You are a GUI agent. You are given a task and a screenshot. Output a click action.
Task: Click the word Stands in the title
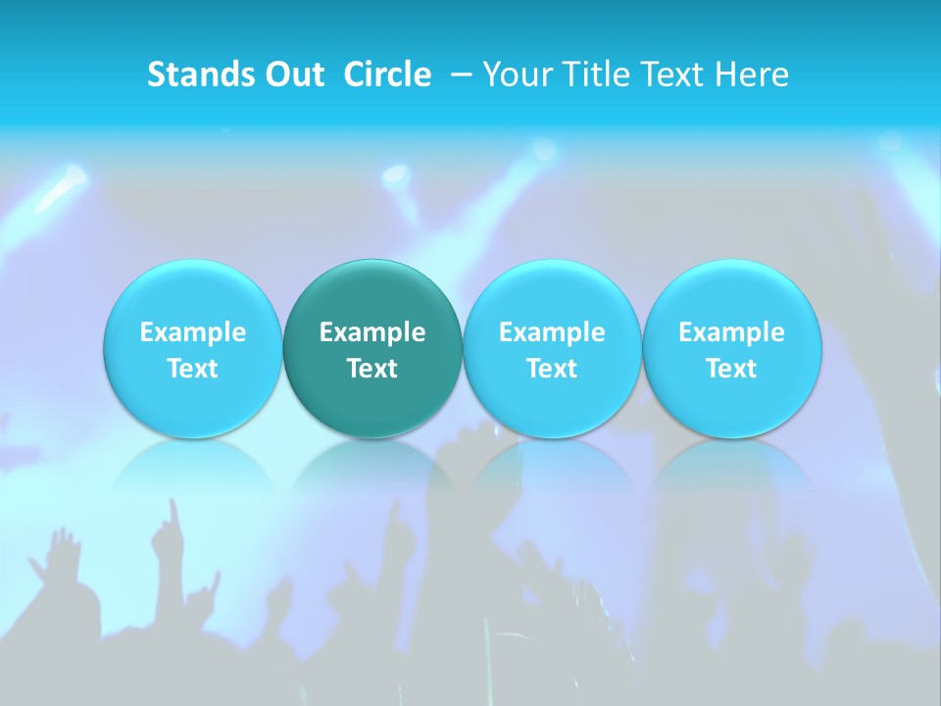[199, 75]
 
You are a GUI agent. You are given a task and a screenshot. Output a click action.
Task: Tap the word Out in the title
[291, 75]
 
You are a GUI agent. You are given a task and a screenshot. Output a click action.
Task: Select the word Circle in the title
[387, 75]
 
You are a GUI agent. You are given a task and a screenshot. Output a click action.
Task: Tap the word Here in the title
[753, 75]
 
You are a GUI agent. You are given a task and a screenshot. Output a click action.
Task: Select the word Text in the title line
[674, 75]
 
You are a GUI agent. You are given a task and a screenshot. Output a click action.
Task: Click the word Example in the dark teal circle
[372, 333]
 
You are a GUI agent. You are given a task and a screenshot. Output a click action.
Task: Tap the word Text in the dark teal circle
[372, 369]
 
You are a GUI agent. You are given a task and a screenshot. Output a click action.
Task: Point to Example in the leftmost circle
[193, 333]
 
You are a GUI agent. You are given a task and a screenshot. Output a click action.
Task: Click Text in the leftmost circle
[193, 369]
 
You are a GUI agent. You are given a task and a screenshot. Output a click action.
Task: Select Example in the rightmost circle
[732, 333]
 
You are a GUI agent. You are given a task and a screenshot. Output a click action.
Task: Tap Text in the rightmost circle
[732, 369]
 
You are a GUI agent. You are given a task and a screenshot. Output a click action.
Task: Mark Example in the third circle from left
[552, 333]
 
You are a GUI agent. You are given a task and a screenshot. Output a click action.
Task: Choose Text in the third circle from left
[552, 369]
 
